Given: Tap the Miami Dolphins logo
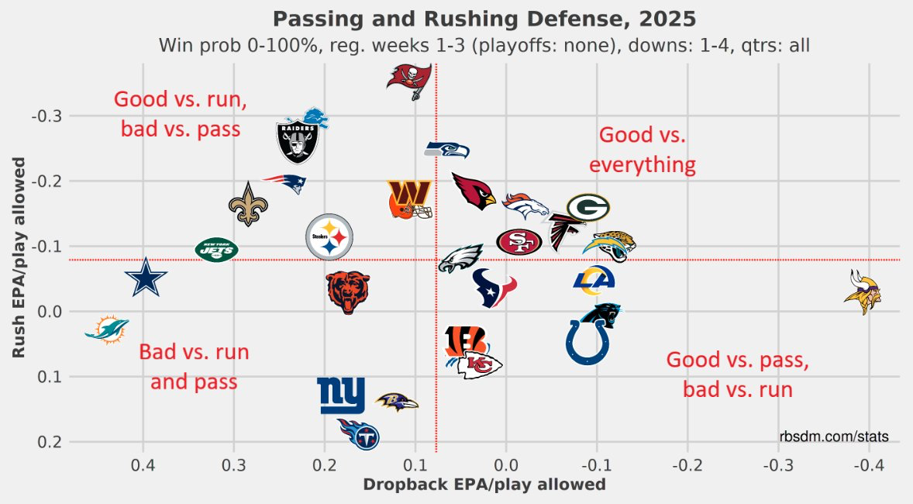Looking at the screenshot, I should tap(107, 330).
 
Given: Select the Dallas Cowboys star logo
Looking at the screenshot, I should tap(146, 278).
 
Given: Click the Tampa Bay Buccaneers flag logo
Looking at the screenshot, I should tap(409, 80).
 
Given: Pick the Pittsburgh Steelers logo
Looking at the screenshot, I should tap(329, 237).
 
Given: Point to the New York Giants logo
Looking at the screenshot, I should tap(342, 395).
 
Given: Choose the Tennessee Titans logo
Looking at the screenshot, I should tap(359, 435).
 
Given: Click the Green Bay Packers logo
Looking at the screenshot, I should tap(588, 208).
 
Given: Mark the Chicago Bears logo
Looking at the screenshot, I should tap(347, 292).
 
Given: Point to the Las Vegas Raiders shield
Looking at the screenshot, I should tap(299, 141).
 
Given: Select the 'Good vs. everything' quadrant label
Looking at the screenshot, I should tap(643, 150).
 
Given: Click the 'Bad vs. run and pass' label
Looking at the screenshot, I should tap(194, 367).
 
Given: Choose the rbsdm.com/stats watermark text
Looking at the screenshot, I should tap(834, 437).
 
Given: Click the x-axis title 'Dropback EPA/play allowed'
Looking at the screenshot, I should tap(484, 485).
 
